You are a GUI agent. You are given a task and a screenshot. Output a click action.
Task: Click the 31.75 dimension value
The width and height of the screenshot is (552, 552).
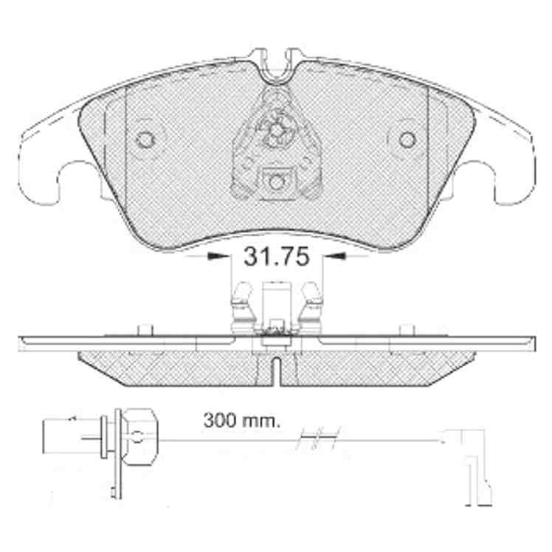[x=277, y=256]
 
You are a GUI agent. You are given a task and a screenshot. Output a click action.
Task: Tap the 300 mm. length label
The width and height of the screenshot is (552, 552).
[x=242, y=421]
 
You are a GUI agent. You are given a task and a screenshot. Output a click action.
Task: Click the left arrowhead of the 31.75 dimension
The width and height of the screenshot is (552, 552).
[x=217, y=256]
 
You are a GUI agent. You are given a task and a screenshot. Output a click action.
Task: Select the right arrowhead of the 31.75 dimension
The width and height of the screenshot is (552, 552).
[x=334, y=256]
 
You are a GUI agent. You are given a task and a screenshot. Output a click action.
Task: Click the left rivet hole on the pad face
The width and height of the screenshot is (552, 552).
[x=145, y=139]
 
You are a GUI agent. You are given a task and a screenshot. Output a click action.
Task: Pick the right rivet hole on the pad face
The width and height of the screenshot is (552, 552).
[x=407, y=139]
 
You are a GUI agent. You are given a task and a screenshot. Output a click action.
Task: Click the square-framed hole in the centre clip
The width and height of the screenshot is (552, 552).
[x=276, y=182]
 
